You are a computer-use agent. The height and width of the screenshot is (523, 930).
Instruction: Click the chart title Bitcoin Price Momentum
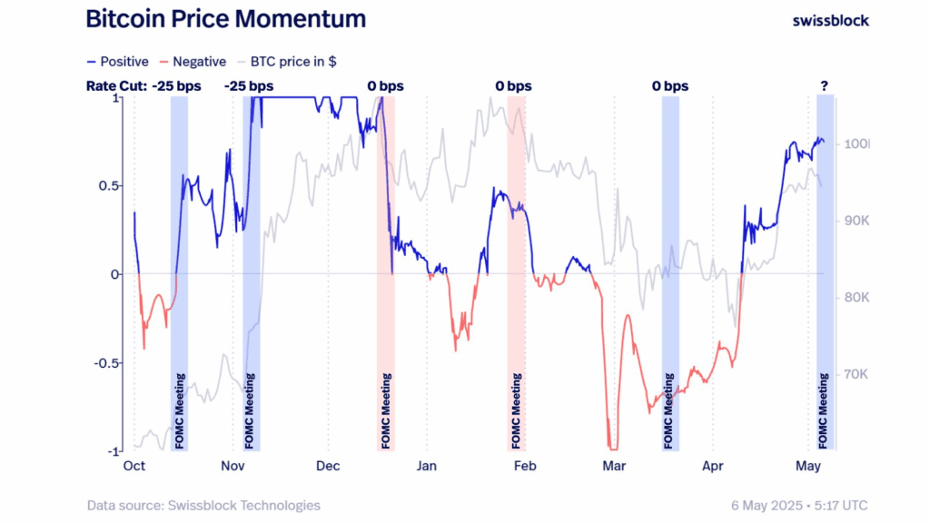pos(226,18)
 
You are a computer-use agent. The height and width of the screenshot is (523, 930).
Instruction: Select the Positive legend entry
pos(117,62)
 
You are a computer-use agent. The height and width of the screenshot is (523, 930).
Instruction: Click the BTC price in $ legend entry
pos(288,62)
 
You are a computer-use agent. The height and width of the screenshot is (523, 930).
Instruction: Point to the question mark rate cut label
pos(824,86)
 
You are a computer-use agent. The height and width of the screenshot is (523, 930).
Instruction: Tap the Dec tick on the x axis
pos(328,466)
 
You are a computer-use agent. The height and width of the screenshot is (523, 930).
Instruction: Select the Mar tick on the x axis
pos(614,466)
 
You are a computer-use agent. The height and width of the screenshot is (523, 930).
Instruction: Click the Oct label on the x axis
pos(134,466)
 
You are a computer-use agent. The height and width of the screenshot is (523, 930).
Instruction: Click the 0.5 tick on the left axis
pos(109,185)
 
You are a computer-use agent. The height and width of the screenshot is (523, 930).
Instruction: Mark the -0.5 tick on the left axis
pos(106,363)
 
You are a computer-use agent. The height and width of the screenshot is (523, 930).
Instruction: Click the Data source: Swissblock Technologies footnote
pos(203,505)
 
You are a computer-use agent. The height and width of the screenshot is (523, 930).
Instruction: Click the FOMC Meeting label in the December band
pos(387,410)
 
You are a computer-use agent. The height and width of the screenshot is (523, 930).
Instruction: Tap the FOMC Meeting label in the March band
pos(670,410)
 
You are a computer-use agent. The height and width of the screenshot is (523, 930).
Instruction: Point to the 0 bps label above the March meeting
pos(670,86)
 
